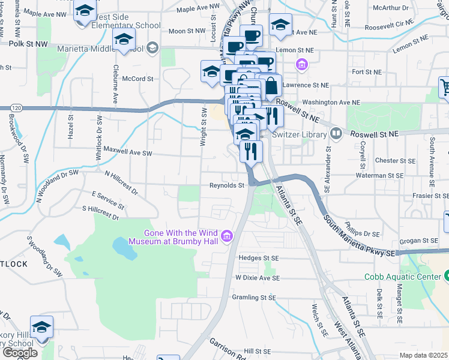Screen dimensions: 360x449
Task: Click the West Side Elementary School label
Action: coord(125,26)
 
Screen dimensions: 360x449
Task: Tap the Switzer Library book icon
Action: coord(337,133)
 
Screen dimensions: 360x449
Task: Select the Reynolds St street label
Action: coord(227,185)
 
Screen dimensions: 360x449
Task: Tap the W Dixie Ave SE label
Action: coord(258,278)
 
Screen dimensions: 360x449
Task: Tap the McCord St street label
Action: coord(137,79)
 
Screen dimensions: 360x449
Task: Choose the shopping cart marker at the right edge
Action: coord(445,87)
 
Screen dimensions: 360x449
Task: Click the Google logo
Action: coord(20,352)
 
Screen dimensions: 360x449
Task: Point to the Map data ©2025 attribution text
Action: coord(424,355)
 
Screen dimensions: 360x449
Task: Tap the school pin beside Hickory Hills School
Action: coord(42,327)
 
